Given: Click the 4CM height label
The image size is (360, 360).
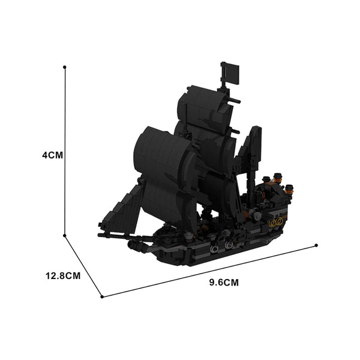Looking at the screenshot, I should click(x=52, y=155).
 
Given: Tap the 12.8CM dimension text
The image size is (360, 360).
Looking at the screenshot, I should click(x=63, y=276).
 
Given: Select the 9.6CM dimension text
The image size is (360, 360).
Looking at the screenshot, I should click(x=224, y=282).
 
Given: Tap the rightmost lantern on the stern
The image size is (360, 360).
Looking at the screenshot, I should click(x=290, y=187).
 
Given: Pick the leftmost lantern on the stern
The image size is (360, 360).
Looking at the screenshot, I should click(x=266, y=179).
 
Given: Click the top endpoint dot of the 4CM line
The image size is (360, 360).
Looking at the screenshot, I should click(x=64, y=67).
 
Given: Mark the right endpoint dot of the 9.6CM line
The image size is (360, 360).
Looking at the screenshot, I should click(x=316, y=245).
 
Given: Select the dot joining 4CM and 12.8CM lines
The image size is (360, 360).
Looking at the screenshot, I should click(x=65, y=236).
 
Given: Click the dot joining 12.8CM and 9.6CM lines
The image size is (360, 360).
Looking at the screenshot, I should click(x=102, y=296).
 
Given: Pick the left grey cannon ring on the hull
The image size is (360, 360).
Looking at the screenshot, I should click(x=214, y=248).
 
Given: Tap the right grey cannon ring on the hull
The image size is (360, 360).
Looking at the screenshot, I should click(x=229, y=245).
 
